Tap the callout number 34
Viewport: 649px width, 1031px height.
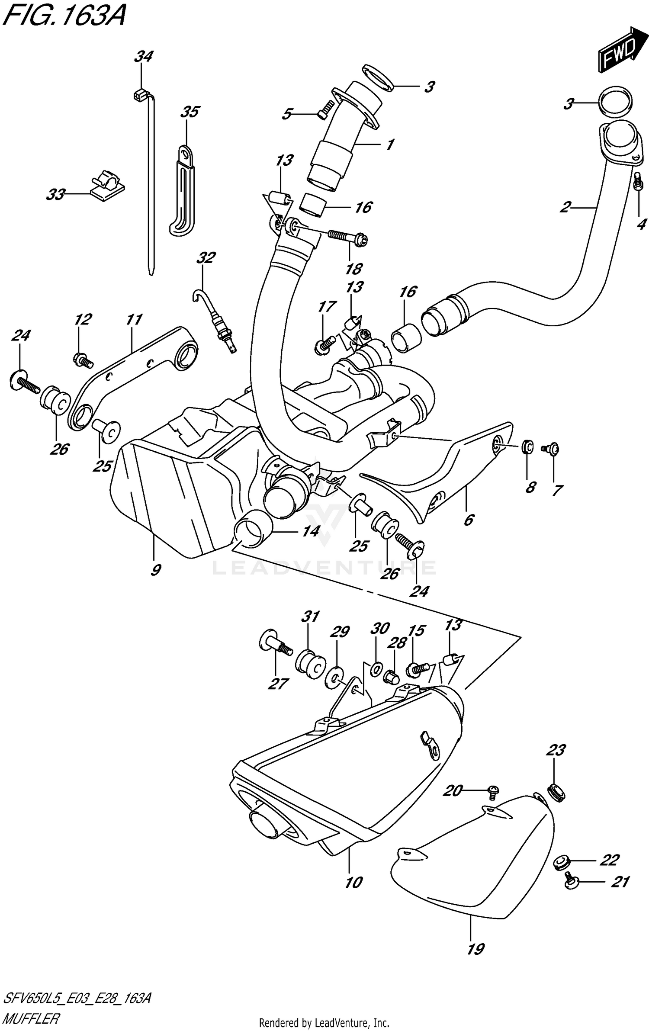coord(143,57)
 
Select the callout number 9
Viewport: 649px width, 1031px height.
coord(155,570)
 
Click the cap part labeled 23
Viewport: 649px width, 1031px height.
coord(556,793)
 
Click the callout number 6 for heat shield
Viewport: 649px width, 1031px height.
coord(469,520)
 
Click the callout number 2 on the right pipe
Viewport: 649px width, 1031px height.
coord(565,207)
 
